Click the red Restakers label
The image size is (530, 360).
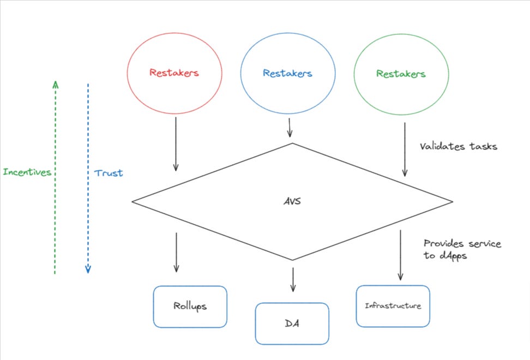tap(174, 73)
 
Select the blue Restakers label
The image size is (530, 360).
tap(287, 73)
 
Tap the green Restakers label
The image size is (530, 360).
tap(401, 73)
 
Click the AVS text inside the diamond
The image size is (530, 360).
tap(293, 201)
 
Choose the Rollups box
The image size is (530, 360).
tap(190, 307)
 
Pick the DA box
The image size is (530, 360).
tap(292, 323)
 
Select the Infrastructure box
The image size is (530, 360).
tap(393, 306)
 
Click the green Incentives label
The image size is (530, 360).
tap(27, 172)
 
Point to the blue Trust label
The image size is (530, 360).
tap(109, 173)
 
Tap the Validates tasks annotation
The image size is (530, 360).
tap(458, 146)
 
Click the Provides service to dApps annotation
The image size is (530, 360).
tap(462, 249)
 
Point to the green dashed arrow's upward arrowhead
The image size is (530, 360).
tap(55, 83)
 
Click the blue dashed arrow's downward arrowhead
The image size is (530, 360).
tap(88, 269)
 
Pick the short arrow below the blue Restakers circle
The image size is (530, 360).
tap(289, 128)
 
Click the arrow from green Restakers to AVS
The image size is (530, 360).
tap(405, 149)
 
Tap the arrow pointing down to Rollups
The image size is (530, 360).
tap(176, 252)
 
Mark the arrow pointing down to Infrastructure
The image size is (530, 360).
tap(401, 255)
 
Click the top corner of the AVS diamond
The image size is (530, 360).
tap(293, 143)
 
